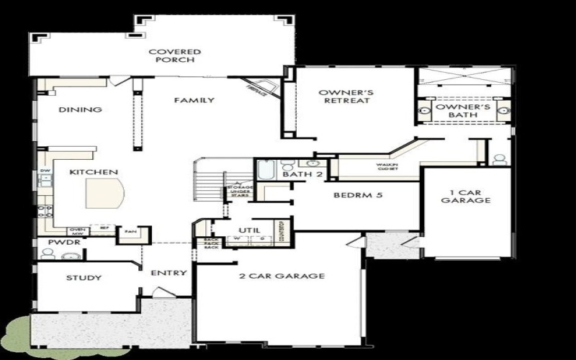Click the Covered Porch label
click(x=174, y=56)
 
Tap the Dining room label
click(x=80, y=110)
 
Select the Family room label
click(x=194, y=100)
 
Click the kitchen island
click(x=105, y=193)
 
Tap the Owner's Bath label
click(x=463, y=111)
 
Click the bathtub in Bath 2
click(x=264, y=171)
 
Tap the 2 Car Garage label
click(x=282, y=276)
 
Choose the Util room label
click(x=249, y=230)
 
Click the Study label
click(x=84, y=278)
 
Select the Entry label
click(x=169, y=273)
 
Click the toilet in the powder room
click(x=49, y=253)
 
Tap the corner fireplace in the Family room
click(x=259, y=87)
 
